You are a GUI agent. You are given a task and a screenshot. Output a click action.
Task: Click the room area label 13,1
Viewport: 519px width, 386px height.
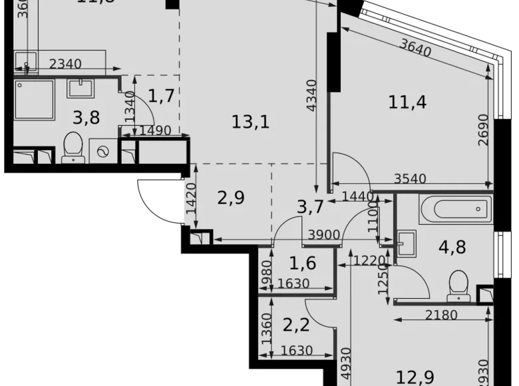tap(251, 122)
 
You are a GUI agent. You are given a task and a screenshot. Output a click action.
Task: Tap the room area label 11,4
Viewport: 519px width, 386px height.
tap(407, 102)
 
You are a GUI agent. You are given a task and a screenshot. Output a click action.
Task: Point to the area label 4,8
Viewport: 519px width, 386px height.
tap(452, 247)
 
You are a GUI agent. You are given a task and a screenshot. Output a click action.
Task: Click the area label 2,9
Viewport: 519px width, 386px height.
tap(232, 197)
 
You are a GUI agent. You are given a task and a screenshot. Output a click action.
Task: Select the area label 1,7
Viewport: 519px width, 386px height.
tap(161, 96)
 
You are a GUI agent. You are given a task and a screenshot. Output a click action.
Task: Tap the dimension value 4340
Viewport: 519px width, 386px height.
tap(318, 100)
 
